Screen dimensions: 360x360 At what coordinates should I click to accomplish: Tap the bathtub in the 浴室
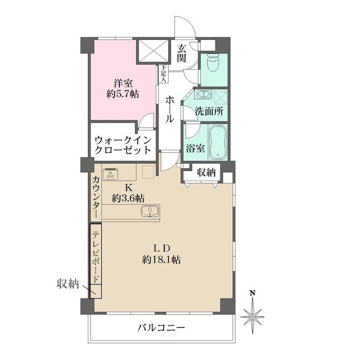pyautogui.click(x=218, y=142)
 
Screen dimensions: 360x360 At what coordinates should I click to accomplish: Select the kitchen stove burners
pyautogui.click(x=110, y=174)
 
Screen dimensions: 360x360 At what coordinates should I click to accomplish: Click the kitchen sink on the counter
pyautogui.click(x=150, y=211)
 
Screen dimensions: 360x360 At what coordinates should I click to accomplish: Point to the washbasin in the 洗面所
pyautogui.click(x=203, y=94)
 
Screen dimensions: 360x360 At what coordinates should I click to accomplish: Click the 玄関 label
pyautogui.click(x=181, y=53)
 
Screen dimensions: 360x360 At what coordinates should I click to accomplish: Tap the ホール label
pyautogui.click(x=169, y=109)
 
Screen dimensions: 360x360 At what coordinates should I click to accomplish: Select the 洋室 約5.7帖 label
pyautogui.click(x=123, y=89)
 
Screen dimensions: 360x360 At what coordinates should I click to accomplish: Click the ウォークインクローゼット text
pyautogui.click(x=123, y=145)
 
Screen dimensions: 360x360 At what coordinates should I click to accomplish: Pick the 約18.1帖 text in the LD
pyautogui.click(x=161, y=260)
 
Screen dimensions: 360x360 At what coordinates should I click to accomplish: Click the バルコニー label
pyautogui.click(x=161, y=327)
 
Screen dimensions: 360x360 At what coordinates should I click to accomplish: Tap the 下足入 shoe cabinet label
pyautogui.click(x=164, y=74)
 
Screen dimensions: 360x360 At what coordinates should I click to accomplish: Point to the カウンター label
pyautogui.click(x=96, y=197)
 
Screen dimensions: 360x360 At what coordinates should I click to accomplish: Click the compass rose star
pyautogui.click(x=253, y=317)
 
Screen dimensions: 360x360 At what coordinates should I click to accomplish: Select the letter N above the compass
pyautogui.click(x=253, y=292)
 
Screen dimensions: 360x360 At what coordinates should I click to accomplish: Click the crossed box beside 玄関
pyautogui.click(x=152, y=51)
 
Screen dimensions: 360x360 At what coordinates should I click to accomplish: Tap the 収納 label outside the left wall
pyautogui.click(x=68, y=284)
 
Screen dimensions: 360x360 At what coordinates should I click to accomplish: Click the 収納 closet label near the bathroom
pyautogui.click(x=206, y=172)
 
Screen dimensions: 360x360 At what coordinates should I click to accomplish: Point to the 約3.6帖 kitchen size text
pyautogui.click(x=128, y=197)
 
